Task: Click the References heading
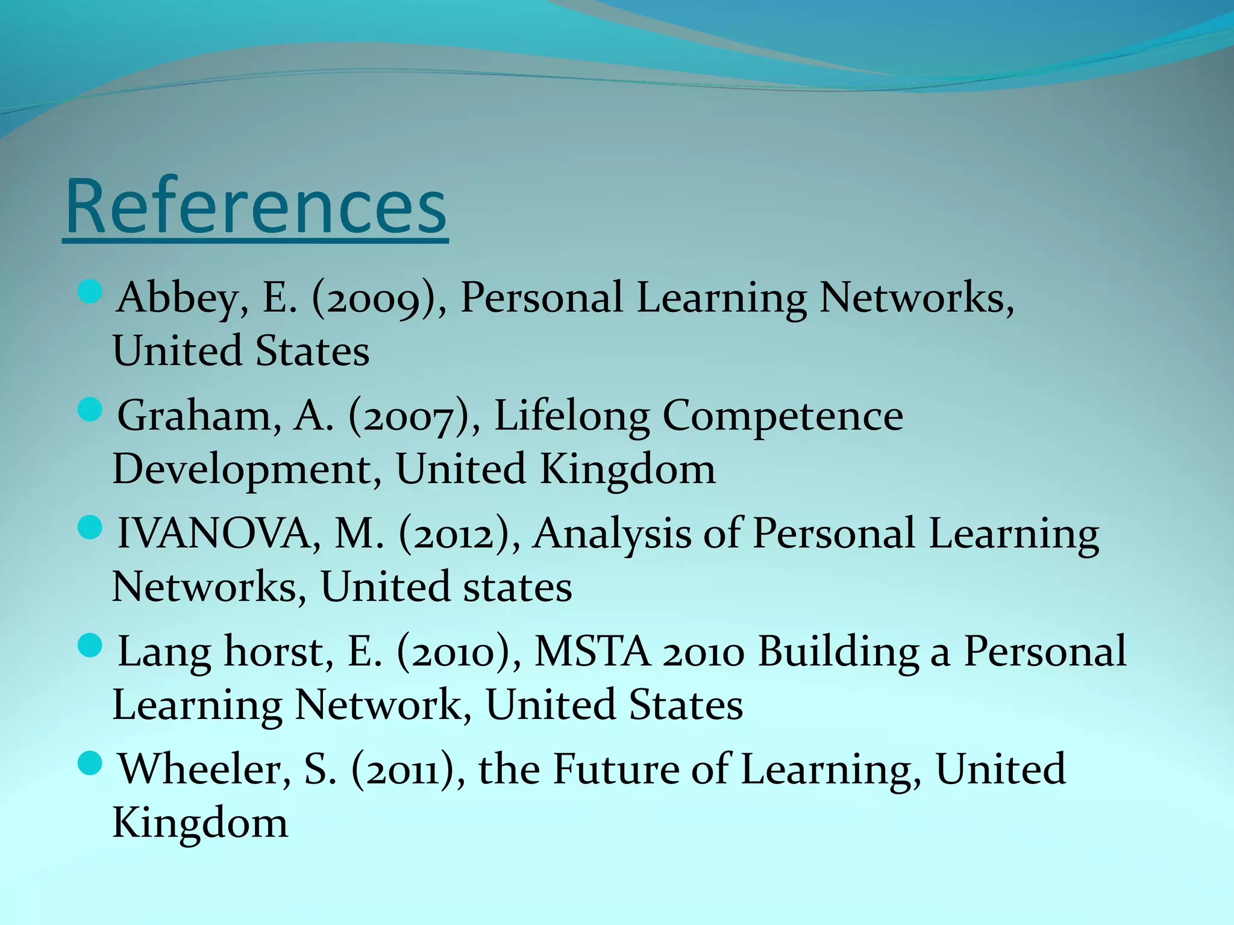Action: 255,207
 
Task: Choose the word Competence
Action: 783,416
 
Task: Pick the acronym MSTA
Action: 592,652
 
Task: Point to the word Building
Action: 838,652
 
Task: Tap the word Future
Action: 615,770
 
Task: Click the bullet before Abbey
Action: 90,292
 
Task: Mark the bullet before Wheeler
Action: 90,764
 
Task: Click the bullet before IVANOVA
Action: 90,528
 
